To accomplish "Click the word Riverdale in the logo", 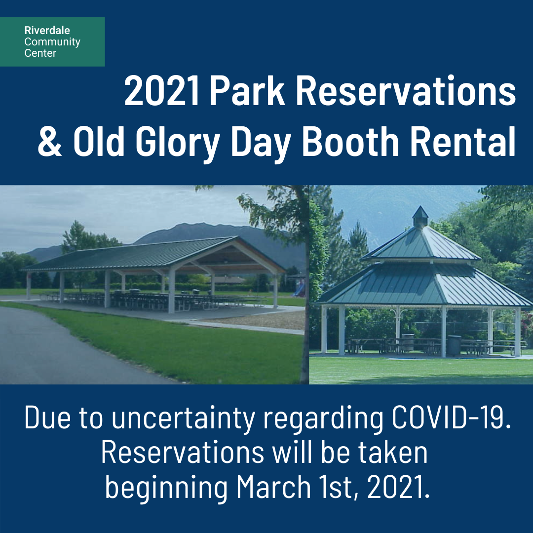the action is click(x=47, y=30).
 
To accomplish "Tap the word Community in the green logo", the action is click(x=52, y=42).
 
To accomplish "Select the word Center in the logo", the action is click(x=40, y=53).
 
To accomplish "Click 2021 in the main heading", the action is click(x=162, y=91).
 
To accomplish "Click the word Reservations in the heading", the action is click(x=406, y=91).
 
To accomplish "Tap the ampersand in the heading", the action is click(x=50, y=142).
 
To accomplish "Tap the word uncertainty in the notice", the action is click(x=183, y=419).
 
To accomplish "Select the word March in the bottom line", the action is click(x=273, y=487).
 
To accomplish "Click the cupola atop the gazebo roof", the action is click(x=420, y=217).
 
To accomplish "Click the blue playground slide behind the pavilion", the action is click(x=299, y=290).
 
